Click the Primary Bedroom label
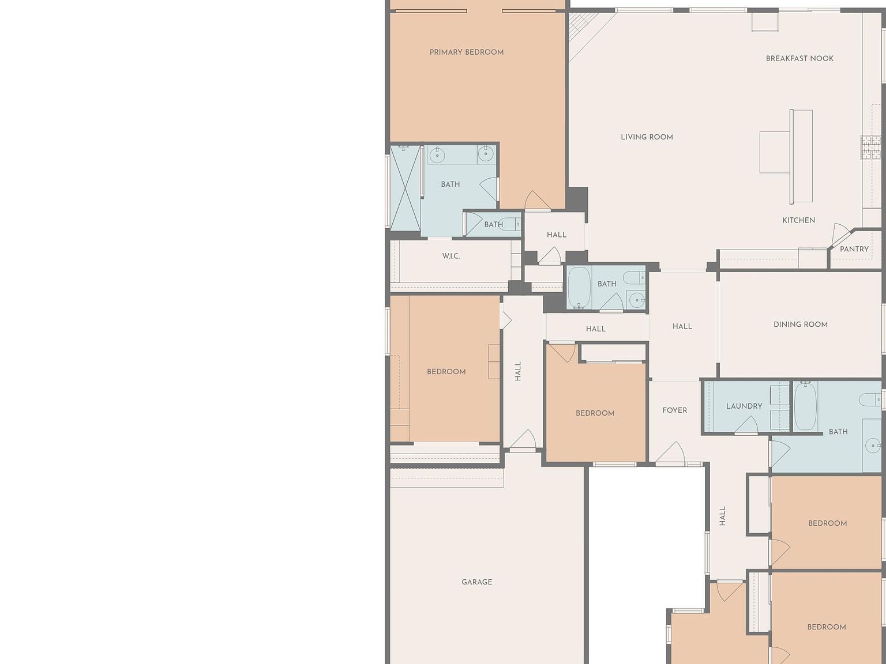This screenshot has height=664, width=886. coord(466,52)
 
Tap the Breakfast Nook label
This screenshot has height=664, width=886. coord(799,58)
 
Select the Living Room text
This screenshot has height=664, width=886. coord(647,137)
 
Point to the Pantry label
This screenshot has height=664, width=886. coord(854,249)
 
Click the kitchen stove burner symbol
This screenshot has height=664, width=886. coord(870,147)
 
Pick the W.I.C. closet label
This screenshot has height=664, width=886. coord(450,256)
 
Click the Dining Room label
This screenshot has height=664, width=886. coord(800,325)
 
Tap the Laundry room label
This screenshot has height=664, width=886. coord(744,406)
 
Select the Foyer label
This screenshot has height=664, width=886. coord(674,410)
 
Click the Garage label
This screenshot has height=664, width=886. coord(476,582)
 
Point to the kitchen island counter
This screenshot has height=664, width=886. coord(801,156)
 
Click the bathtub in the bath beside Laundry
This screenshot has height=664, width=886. coord(805,406)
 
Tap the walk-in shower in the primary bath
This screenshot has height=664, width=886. coord(405,188)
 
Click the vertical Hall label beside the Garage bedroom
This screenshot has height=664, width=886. coord(518,371)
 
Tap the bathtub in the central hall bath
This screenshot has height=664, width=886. coord(579,287)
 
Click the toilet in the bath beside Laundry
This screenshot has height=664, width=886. coord(869,399)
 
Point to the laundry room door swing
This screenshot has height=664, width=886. coord(747,425)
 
